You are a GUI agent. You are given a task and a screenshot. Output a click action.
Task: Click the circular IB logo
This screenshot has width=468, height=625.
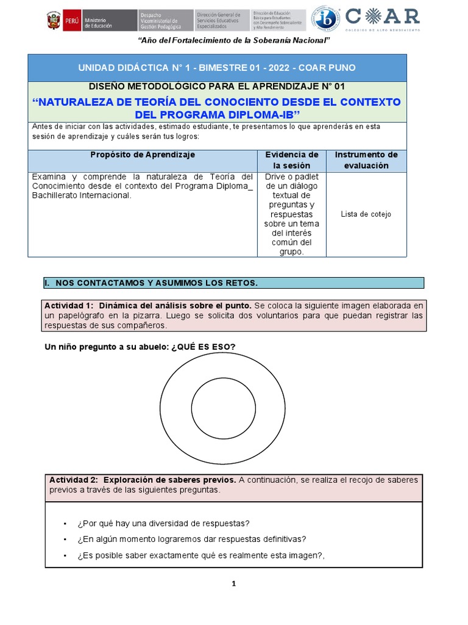point(326,19)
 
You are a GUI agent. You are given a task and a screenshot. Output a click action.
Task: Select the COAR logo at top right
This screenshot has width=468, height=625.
point(383,18)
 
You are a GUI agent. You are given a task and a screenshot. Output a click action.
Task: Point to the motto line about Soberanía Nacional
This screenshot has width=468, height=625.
point(234,40)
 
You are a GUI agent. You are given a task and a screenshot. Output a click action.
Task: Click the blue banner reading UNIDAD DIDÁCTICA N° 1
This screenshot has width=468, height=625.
point(217,67)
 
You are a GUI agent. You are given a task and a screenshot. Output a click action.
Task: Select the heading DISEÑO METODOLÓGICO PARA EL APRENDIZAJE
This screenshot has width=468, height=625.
point(217,87)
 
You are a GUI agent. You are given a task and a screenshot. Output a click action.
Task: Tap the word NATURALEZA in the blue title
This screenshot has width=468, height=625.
point(86,101)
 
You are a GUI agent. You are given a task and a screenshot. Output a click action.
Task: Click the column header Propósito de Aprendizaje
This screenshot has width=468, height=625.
point(143,155)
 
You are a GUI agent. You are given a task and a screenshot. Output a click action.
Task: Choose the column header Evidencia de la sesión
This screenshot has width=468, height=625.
point(291,160)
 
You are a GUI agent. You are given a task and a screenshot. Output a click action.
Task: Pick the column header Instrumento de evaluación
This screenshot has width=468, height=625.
point(366,160)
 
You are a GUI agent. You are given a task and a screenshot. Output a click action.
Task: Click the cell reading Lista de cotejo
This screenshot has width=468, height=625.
point(366,214)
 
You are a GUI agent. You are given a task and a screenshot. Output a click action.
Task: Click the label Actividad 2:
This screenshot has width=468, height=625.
point(73,480)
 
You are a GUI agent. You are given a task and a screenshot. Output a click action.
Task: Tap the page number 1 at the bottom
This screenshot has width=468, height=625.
point(233,584)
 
